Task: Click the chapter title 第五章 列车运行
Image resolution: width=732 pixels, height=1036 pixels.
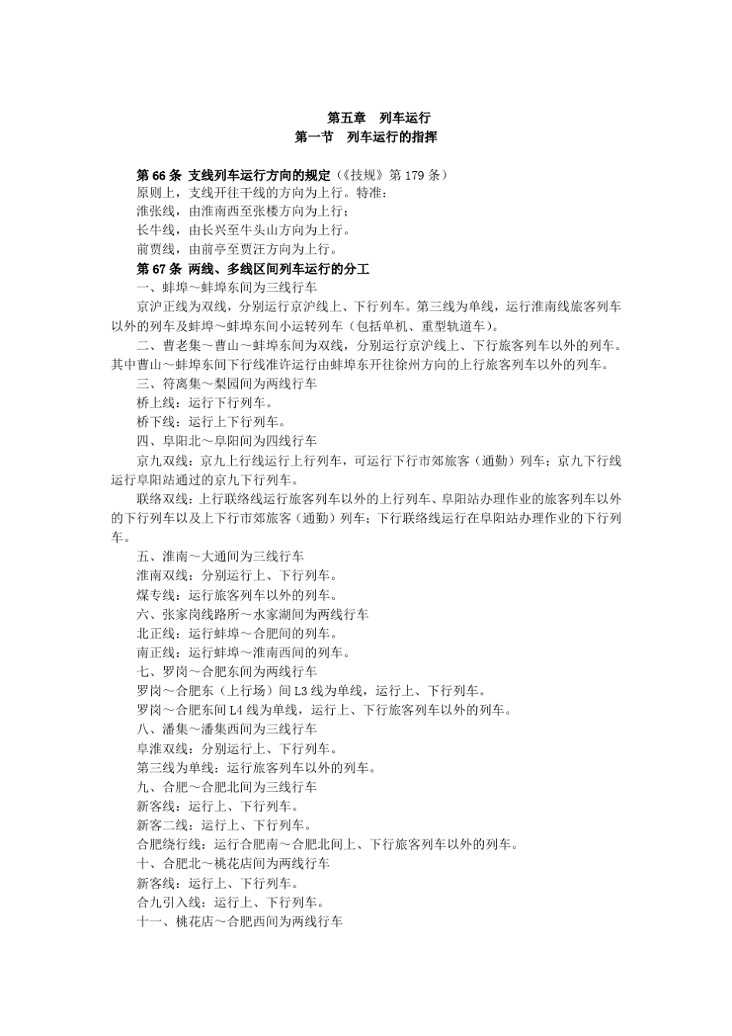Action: [x=378, y=118]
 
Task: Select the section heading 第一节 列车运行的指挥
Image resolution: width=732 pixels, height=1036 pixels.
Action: [x=366, y=137]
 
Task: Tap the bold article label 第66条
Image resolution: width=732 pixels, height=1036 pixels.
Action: [x=159, y=175]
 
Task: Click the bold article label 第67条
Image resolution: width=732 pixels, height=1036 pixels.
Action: [x=159, y=269]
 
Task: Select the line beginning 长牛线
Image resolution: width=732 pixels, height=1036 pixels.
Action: [x=243, y=230]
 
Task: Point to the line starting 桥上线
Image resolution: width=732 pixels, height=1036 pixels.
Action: [x=204, y=403]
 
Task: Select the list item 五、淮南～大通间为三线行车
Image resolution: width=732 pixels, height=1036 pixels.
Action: [x=220, y=557]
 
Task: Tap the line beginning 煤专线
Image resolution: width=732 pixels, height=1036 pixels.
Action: [x=237, y=595]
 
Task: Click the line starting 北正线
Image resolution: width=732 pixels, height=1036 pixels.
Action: [x=237, y=634]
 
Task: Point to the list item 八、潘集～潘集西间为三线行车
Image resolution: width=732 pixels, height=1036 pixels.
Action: [x=227, y=729]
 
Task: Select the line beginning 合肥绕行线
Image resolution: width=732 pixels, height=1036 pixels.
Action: [x=327, y=845]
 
